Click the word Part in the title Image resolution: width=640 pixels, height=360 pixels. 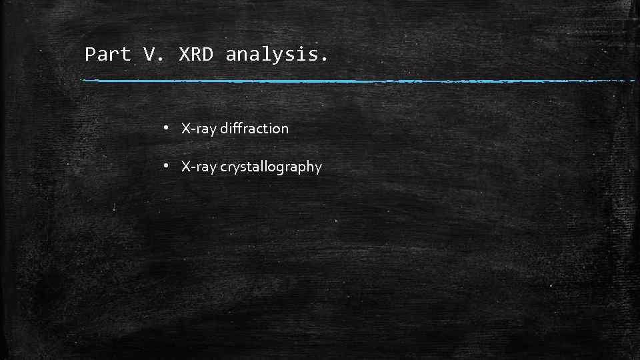tap(108, 55)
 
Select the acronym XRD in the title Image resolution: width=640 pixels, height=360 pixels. tap(195, 55)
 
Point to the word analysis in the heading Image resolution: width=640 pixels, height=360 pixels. tap(273, 55)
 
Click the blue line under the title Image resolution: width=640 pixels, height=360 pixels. tap(360, 81)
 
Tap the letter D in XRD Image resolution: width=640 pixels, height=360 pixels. tap(207, 55)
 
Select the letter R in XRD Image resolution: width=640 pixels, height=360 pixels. tap(195, 55)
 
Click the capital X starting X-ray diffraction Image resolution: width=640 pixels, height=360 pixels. tap(186, 129)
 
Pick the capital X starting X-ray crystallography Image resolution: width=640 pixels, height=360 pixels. tap(186, 167)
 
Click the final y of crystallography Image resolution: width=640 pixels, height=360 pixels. tap(318, 169)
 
